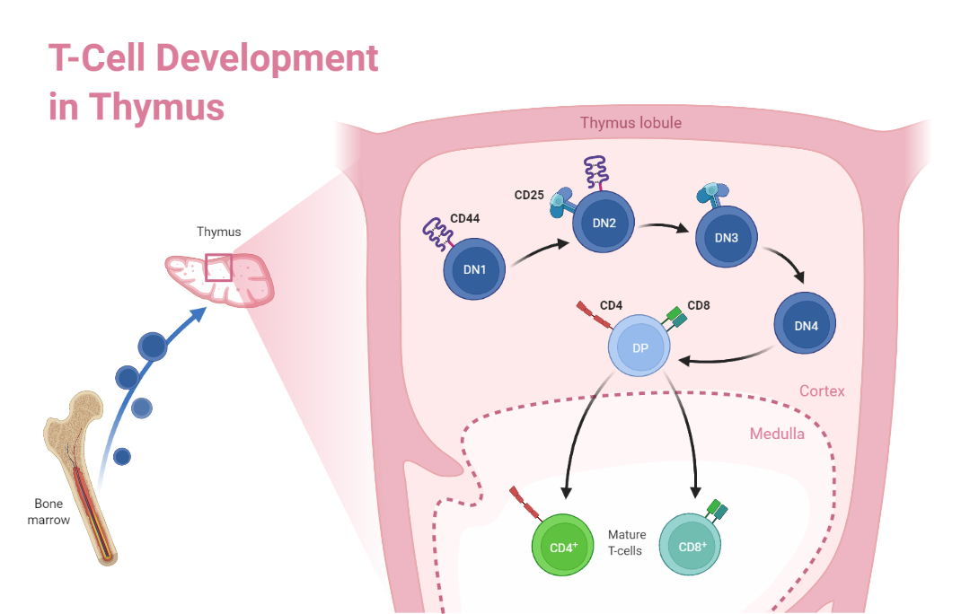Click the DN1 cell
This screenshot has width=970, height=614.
(x=474, y=268)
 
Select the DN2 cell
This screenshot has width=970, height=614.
(x=604, y=224)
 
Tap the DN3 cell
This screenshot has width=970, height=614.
(x=726, y=238)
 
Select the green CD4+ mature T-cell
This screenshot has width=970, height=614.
(x=562, y=544)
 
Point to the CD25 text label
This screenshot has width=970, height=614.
(x=529, y=194)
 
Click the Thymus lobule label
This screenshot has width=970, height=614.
(x=630, y=123)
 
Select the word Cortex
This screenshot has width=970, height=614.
(x=822, y=391)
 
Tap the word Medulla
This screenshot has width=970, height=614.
(x=777, y=434)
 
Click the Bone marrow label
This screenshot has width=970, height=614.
(x=52, y=512)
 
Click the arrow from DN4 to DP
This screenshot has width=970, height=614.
(x=727, y=360)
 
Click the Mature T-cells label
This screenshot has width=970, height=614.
(x=626, y=542)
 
